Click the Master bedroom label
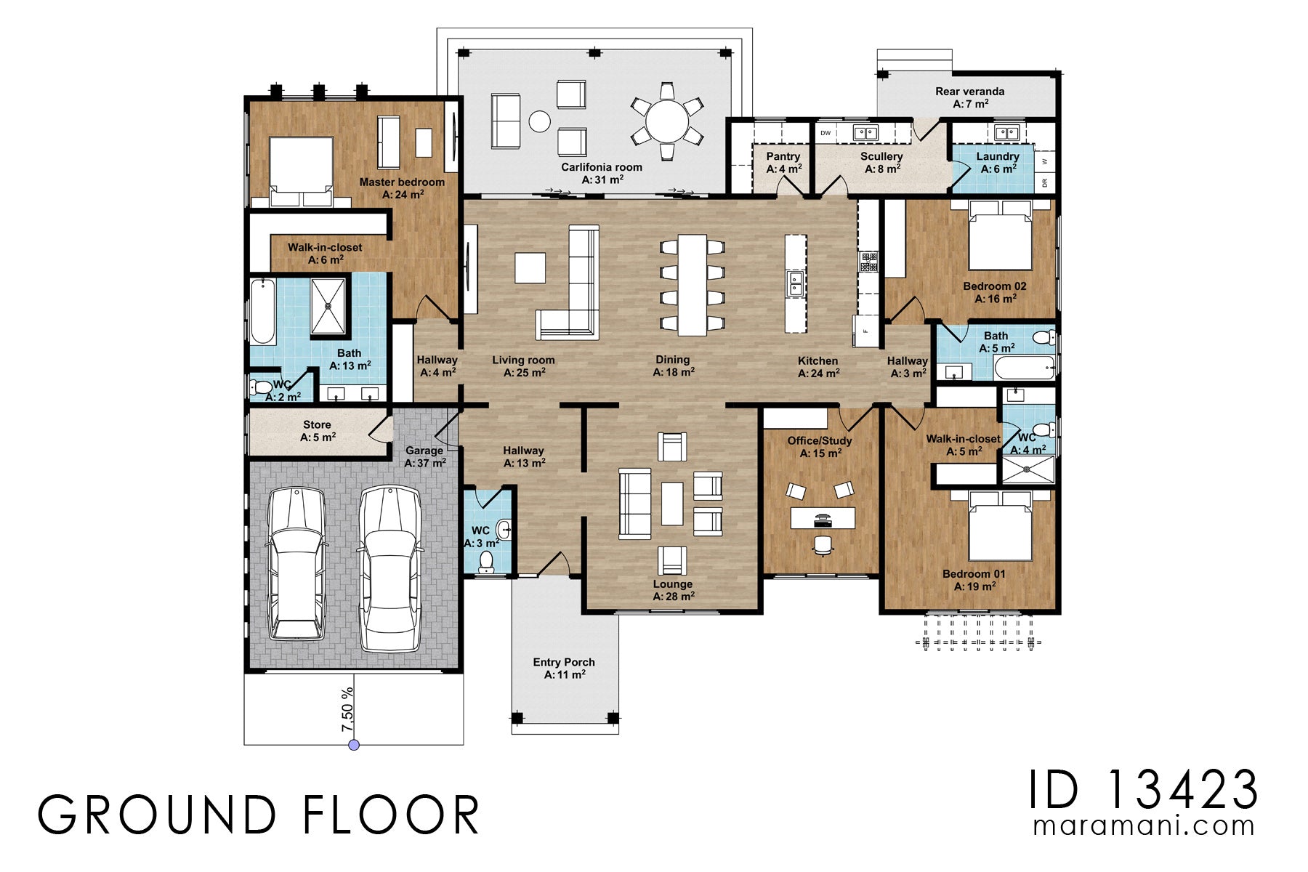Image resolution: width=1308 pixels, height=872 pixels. (x=402, y=182)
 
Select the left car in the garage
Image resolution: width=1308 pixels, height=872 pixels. (x=296, y=563)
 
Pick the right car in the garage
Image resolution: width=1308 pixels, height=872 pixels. (x=390, y=568)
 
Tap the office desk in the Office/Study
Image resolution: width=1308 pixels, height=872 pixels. (x=823, y=518)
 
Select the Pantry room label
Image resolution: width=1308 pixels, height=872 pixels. (x=783, y=156)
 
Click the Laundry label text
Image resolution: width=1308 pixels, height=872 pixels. (x=998, y=156)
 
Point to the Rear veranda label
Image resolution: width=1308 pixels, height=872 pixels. (x=970, y=92)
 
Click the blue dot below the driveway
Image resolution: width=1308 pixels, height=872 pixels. (x=354, y=745)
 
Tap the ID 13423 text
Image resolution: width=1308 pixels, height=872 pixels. (x=1143, y=790)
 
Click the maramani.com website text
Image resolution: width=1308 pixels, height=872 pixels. (x=1144, y=826)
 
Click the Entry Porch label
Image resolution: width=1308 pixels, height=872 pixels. (x=564, y=662)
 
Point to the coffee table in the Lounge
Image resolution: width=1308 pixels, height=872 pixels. (x=672, y=504)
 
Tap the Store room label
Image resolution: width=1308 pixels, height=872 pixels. (x=317, y=424)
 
